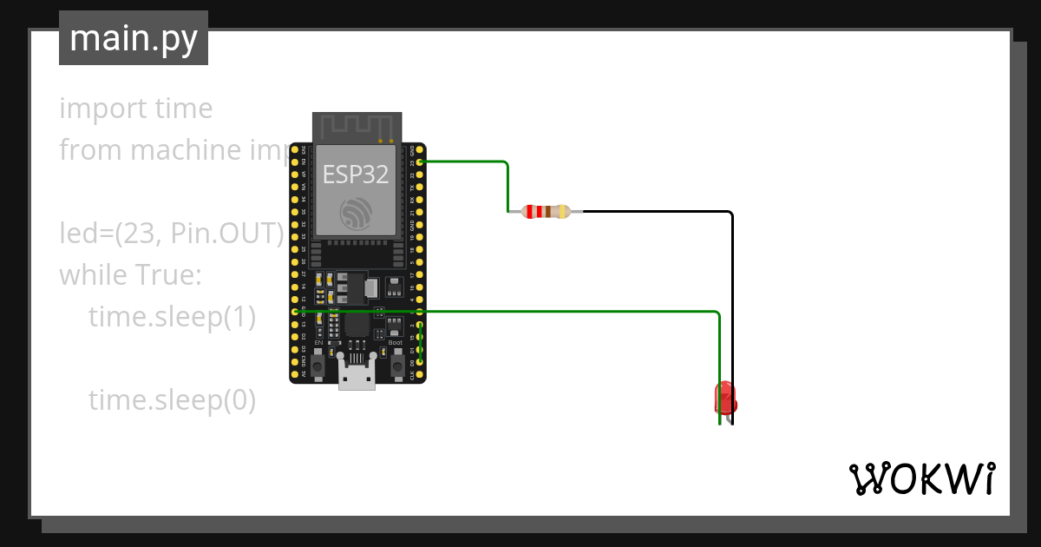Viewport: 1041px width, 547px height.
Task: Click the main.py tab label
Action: [x=133, y=38]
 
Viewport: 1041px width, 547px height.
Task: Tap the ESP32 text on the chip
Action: [x=356, y=175]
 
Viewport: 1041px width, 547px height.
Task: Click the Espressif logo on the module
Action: [x=356, y=214]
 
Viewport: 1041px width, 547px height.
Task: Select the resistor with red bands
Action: [x=546, y=211]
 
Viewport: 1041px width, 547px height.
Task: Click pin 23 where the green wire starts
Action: [x=421, y=161]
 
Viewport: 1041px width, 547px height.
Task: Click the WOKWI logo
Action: [x=920, y=478]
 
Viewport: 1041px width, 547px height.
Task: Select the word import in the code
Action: [x=92, y=109]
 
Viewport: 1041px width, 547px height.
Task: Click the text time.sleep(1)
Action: [x=172, y=318]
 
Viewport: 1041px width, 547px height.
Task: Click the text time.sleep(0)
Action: [x=172, y=400]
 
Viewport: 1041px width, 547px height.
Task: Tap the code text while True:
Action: [x=130, y=276]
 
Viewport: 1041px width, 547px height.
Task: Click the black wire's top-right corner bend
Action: [x=731, y=213]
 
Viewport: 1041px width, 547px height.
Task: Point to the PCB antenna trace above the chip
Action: [x=357, y=127]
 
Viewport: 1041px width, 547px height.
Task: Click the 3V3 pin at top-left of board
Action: [x=295, y=149]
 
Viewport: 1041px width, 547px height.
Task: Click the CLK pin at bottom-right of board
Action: [x=421, y=375]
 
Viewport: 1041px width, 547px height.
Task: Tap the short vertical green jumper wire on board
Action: [x=421, y=343]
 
